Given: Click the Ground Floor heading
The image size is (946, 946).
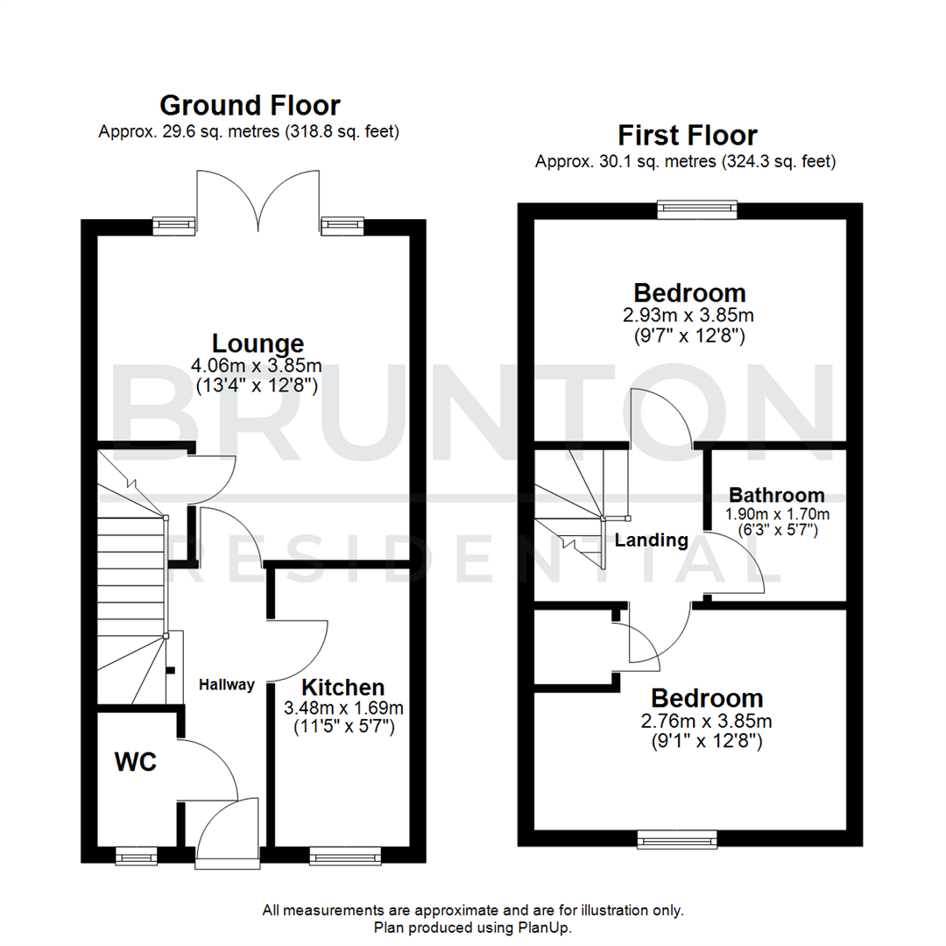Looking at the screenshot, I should [250, 106].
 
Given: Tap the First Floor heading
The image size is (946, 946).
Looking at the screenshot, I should [687, 136].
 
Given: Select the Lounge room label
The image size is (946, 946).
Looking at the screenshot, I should [258, 343].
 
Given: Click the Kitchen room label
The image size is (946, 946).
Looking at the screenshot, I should [342, 688].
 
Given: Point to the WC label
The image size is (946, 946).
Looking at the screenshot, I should [136, 761].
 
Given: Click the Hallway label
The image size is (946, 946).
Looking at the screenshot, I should [225, 685].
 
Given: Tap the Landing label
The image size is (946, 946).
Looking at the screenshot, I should [651, 540].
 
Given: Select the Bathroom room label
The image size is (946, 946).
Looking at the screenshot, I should [777, 495].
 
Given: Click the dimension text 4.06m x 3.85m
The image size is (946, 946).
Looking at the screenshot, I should [258, 365].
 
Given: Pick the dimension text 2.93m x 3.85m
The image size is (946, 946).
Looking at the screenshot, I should [690, 314].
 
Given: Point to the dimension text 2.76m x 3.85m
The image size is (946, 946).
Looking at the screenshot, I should [707, 721].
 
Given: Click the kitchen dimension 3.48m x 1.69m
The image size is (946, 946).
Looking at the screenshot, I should [342, 708].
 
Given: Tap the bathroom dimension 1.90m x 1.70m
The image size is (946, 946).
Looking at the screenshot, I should [777, 513].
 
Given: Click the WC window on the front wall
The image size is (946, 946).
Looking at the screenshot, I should [137, 854].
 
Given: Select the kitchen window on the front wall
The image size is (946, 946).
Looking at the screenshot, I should [345, 854].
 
